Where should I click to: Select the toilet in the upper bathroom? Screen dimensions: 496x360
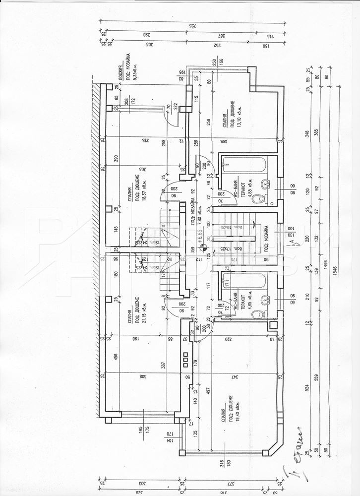click(258, 199)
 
